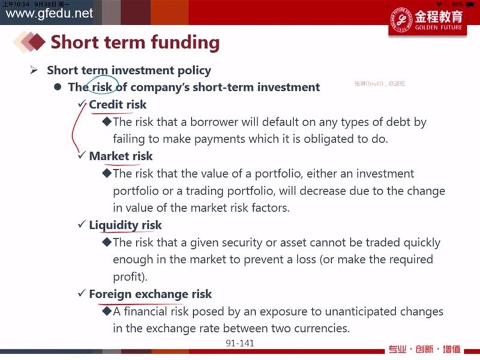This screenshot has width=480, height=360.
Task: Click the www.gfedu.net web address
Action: (49, 13)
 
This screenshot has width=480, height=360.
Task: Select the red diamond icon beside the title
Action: (37, 41)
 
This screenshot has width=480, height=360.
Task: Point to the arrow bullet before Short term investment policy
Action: (34, 70)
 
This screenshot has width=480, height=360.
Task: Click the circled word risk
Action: (102, 87)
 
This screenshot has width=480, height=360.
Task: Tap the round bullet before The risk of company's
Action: (58, 87)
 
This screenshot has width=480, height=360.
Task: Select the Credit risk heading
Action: (118, 104)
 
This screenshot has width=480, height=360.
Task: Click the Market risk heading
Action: (121, 156)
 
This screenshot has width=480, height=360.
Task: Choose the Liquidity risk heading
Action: (125, 226)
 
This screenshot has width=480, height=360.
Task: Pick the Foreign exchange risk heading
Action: (151, 294)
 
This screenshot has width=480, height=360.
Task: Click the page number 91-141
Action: (240, 343)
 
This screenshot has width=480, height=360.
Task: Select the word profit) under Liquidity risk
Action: (130, 277)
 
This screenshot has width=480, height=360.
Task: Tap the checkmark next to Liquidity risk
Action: (82, 224)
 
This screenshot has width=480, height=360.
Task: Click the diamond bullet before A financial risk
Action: (107, 311)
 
